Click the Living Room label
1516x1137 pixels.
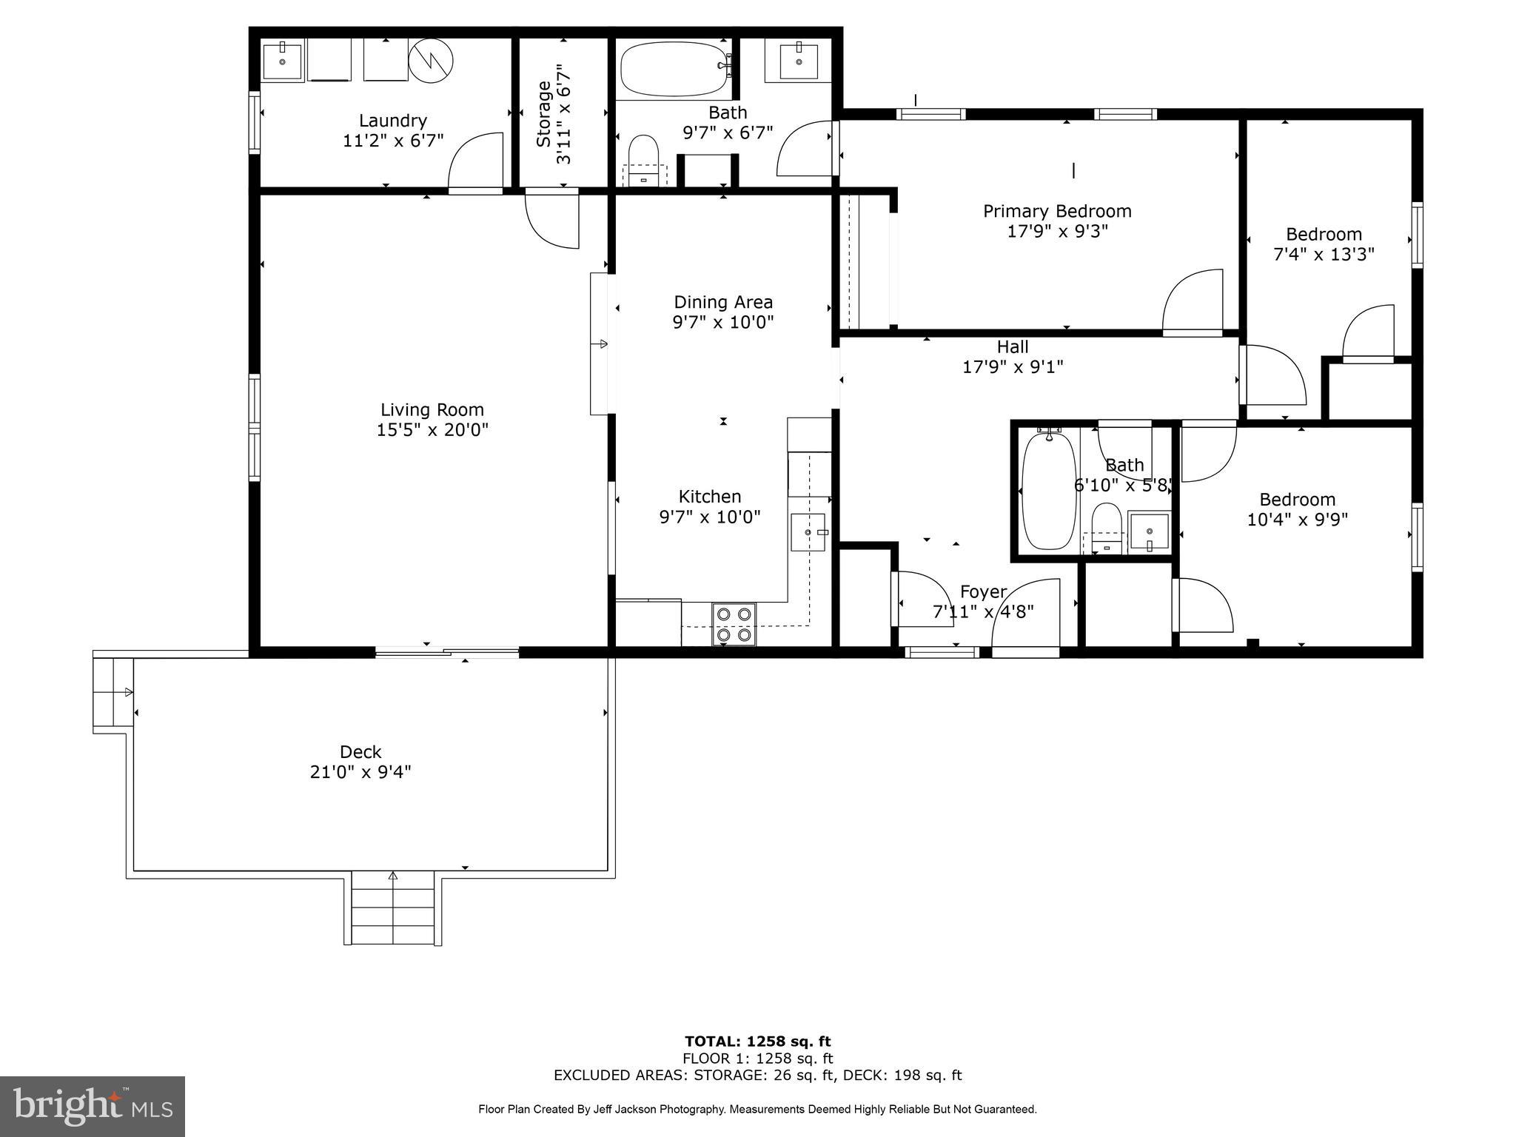coord(432,410)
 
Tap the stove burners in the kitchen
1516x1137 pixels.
coord(734,624)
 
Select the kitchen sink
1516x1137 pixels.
coord(808,532)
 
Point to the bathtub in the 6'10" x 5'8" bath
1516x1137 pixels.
coord(1048,491)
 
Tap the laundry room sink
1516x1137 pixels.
coord(282,61)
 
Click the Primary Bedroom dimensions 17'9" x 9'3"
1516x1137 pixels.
coord(1057,232)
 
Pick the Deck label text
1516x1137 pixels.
coord(360,752)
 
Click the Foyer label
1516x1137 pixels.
coord(983,592)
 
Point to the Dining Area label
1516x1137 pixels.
coord(723,302)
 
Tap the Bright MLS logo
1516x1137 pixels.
coord(93,1106)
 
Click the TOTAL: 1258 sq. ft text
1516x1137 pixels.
coord(757,1042)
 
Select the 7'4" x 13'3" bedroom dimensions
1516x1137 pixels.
coord(1324,255)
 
